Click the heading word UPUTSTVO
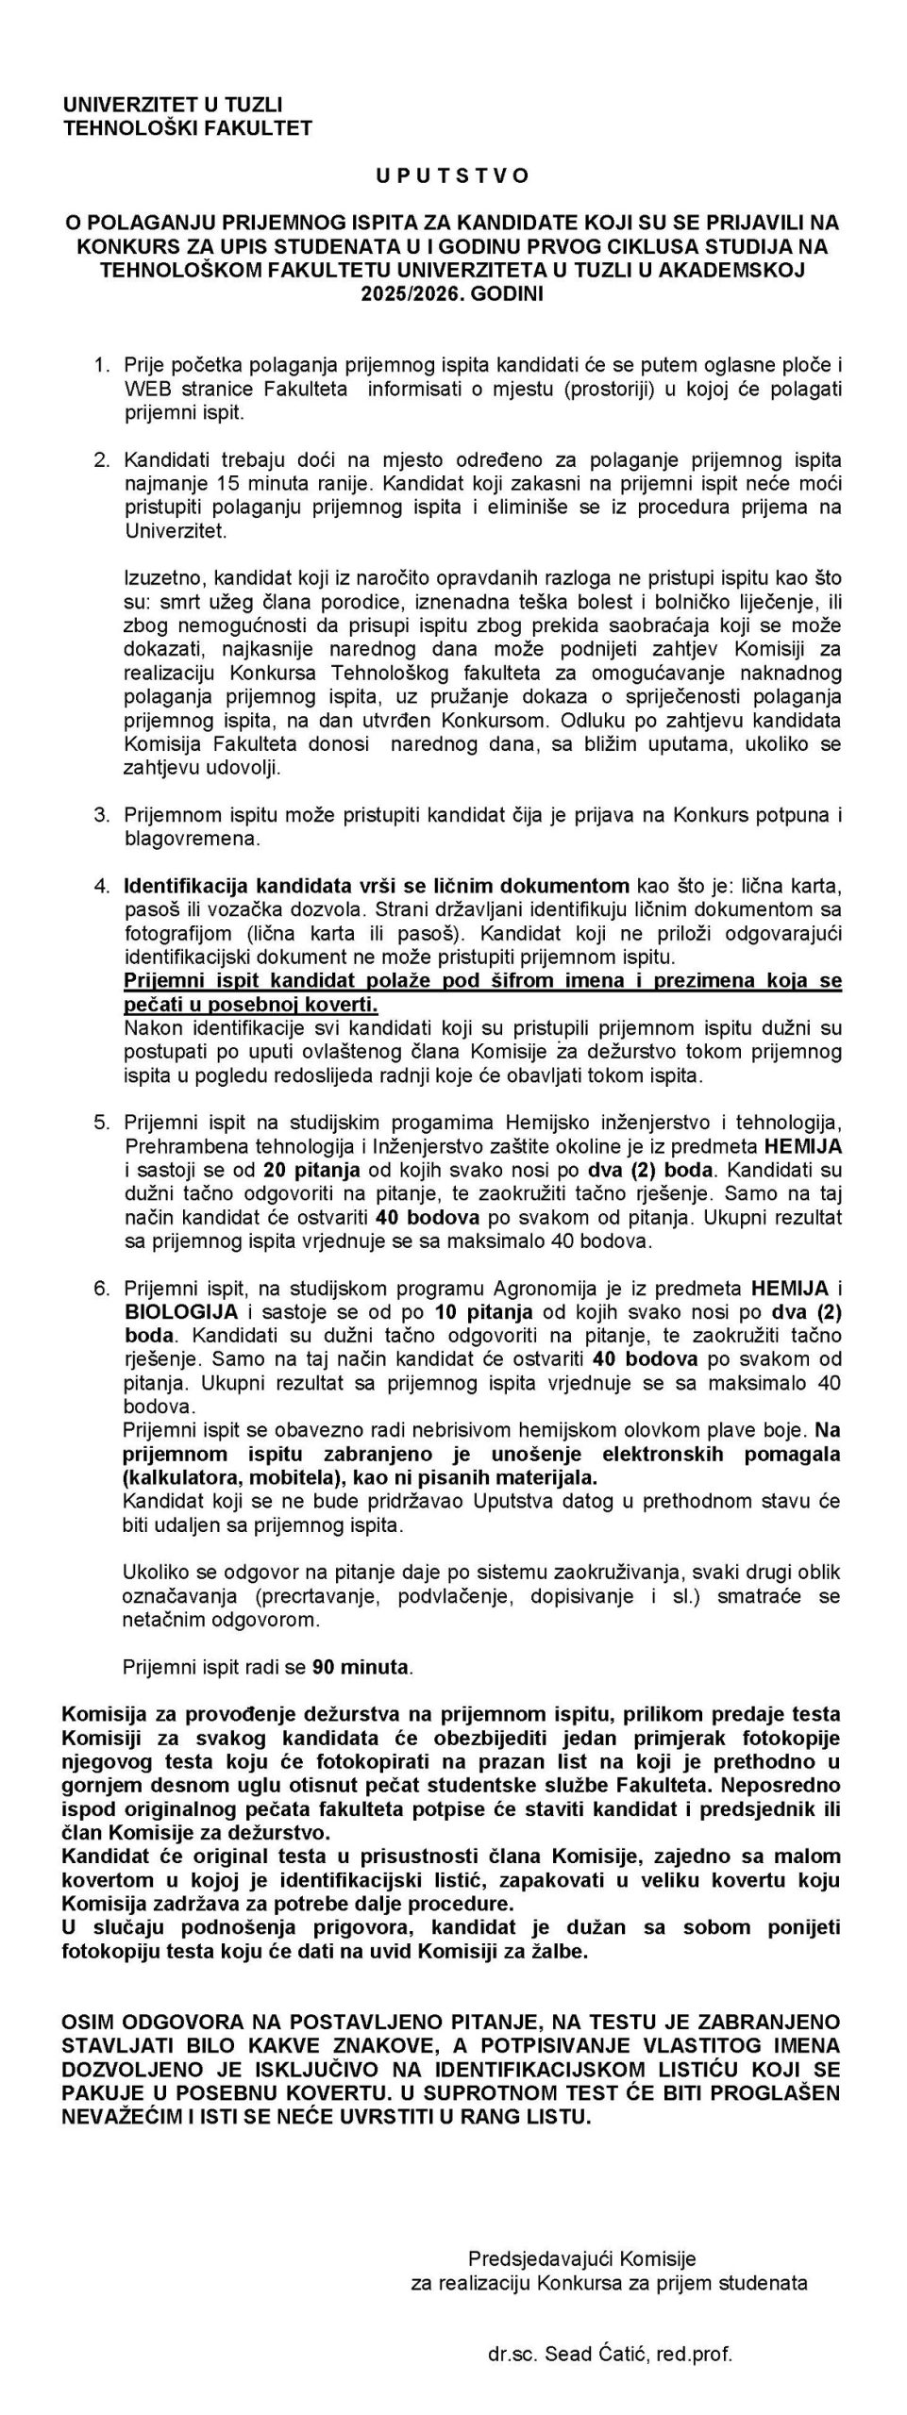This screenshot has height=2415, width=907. [452, 175]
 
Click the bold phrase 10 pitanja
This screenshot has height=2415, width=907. [483, 1312]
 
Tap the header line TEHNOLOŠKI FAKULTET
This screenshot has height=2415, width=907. [187, 128]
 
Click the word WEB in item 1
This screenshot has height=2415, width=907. [145, 389]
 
